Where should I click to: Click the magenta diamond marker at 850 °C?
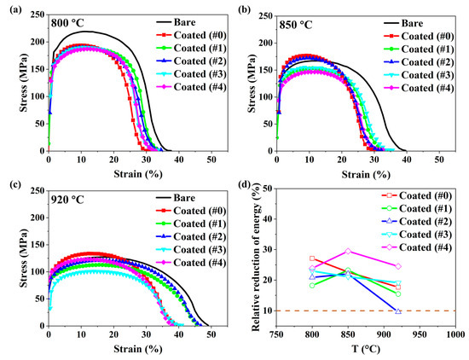[348, 251]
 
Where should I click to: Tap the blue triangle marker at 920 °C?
[397, 311]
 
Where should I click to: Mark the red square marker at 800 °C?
[313, 258]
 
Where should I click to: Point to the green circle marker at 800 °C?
[313, 285]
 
